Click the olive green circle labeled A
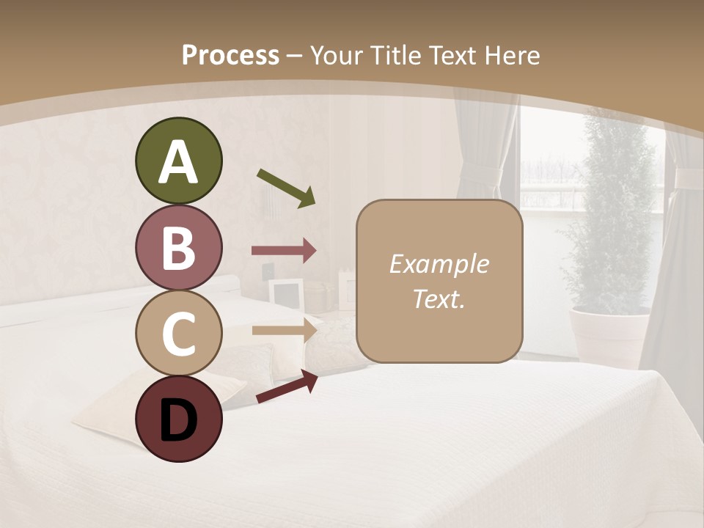[178, 161]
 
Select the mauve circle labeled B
[178, 248]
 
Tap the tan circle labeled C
[178, 334]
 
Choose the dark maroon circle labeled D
[178, 419]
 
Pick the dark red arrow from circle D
[287, 387]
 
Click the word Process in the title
[230, 56]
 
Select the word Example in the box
[439, 264]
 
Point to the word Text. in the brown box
[439, 299]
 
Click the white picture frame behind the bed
[286, 294]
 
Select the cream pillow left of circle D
[110, 411]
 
